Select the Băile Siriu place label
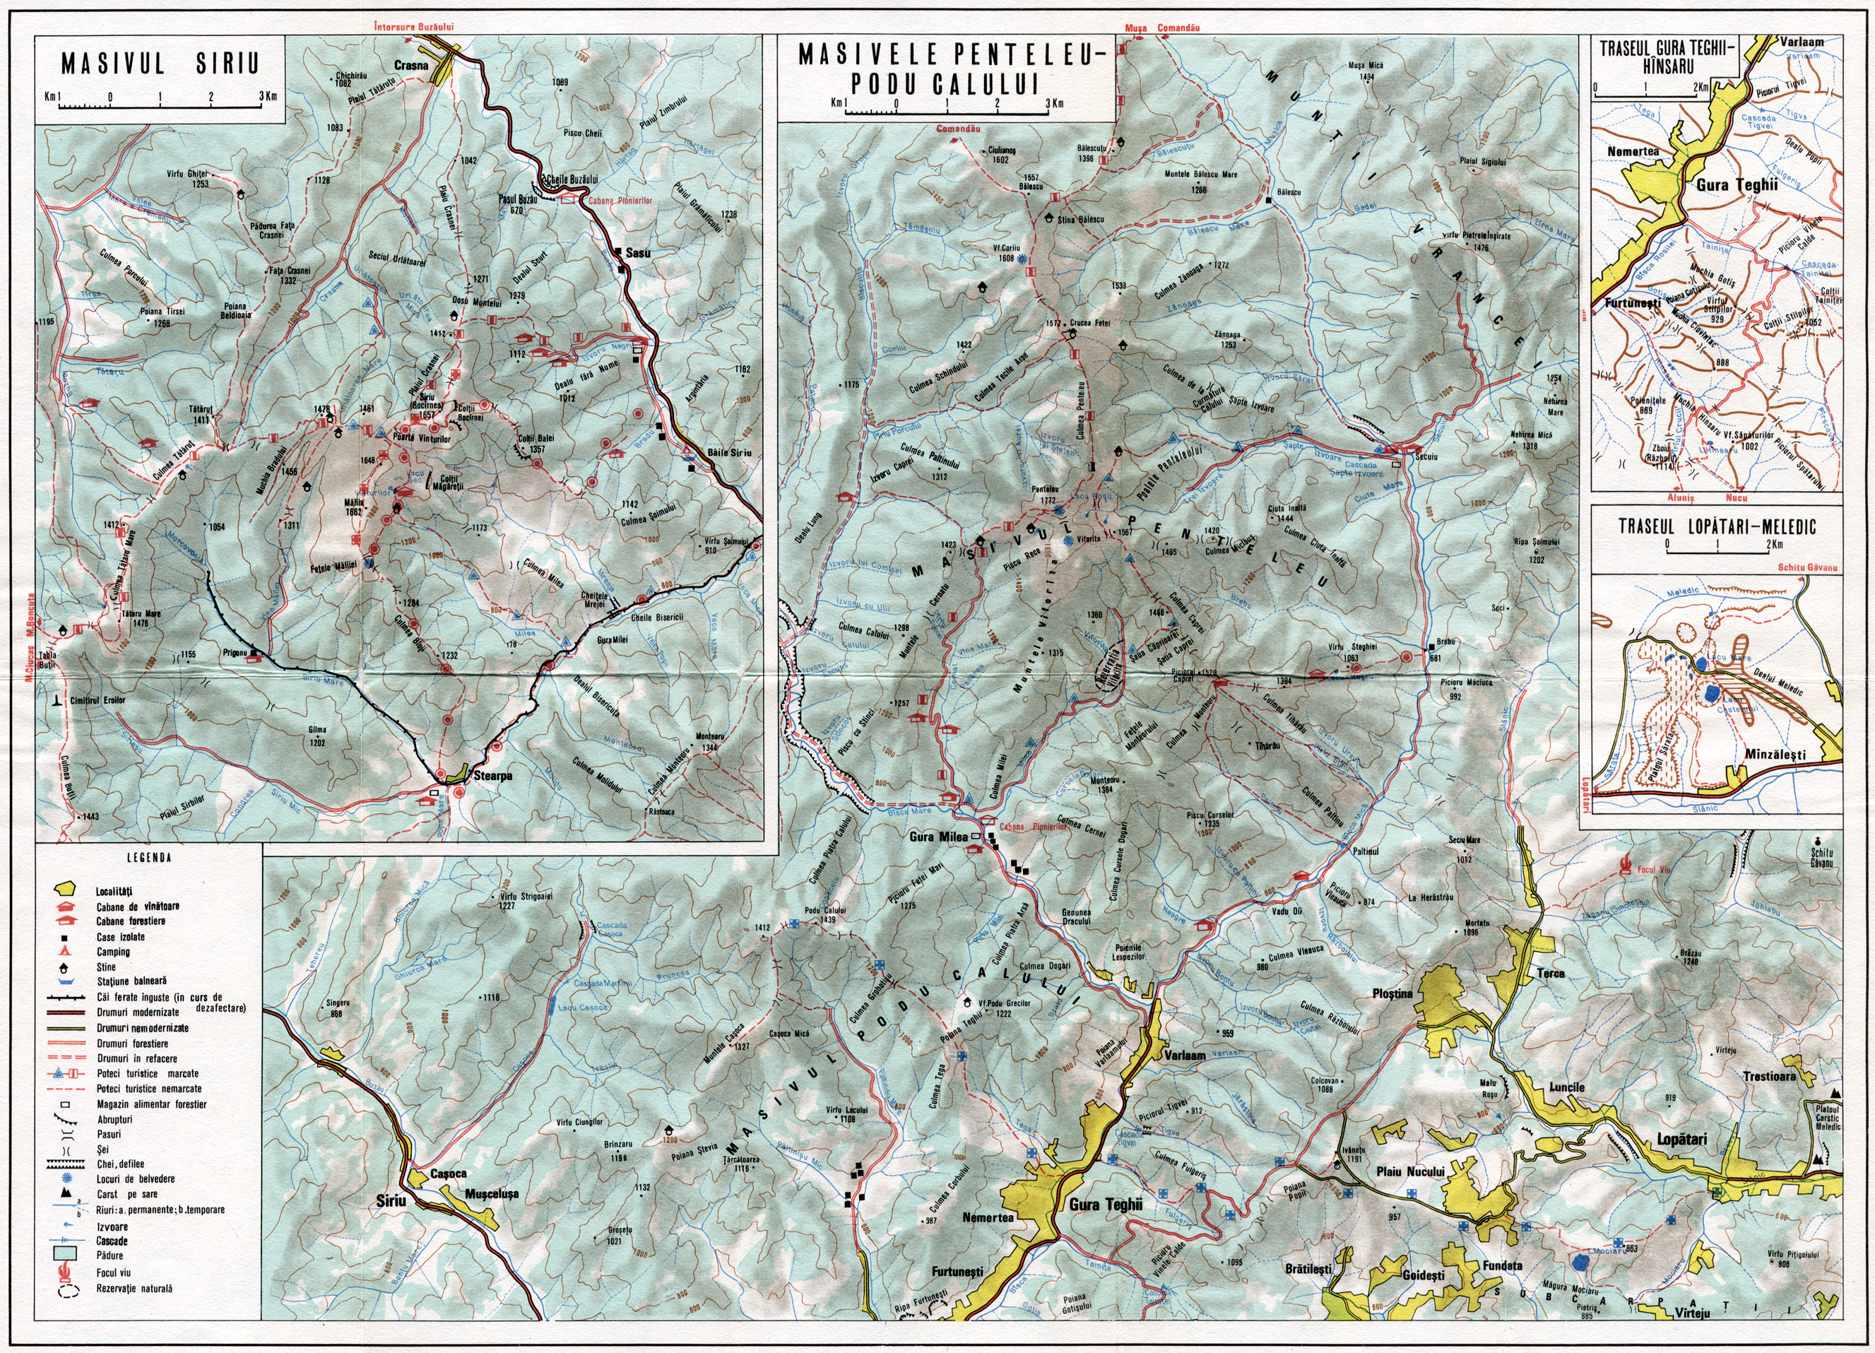(730, 453)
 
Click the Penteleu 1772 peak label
(1045, 495)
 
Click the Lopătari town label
(1681, 1140)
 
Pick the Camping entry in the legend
(112, 952)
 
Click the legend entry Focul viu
(113, 1272)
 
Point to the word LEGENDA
(150, 858)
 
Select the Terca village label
(1550, 974)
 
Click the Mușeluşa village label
(491, 1194)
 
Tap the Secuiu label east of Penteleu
(1427, 456)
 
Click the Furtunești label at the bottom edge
(955, 1271)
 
